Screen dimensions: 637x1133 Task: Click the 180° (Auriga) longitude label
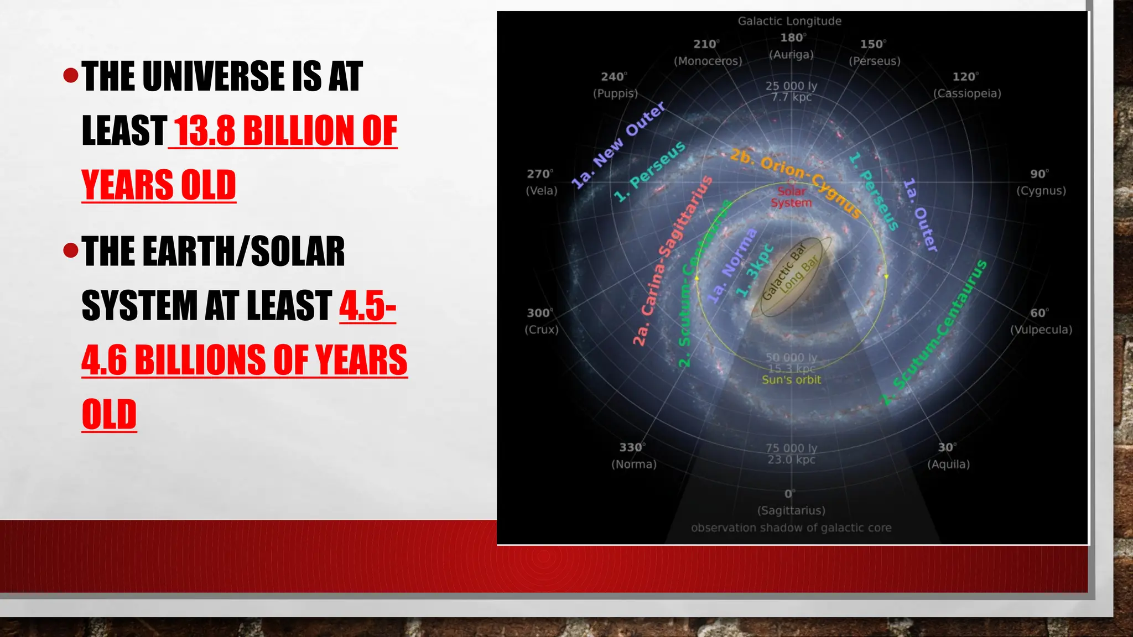point(792,46)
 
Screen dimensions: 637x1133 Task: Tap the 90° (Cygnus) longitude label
point(1040,182)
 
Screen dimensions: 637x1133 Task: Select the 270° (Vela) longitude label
point(541,182)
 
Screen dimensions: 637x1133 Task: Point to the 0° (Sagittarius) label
point(791,502)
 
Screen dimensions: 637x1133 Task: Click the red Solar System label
point(791,197)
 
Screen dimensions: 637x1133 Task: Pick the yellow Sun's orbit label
point(791,380)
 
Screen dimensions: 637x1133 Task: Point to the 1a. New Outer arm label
point(617,145)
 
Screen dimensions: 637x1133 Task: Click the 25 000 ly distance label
point(791,86)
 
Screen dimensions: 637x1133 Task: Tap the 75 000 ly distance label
point(791,448)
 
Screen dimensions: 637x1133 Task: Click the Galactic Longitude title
point(789,21)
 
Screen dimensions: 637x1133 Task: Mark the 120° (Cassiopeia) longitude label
point(966,85)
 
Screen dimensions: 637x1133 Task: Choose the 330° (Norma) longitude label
point(633,456)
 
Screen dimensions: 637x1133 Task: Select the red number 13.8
point(205,131)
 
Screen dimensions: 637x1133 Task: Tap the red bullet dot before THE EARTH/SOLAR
point(71,250)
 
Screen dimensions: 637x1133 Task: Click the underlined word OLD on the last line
point(109,415)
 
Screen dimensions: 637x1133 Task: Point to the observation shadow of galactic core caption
point(791,528)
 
